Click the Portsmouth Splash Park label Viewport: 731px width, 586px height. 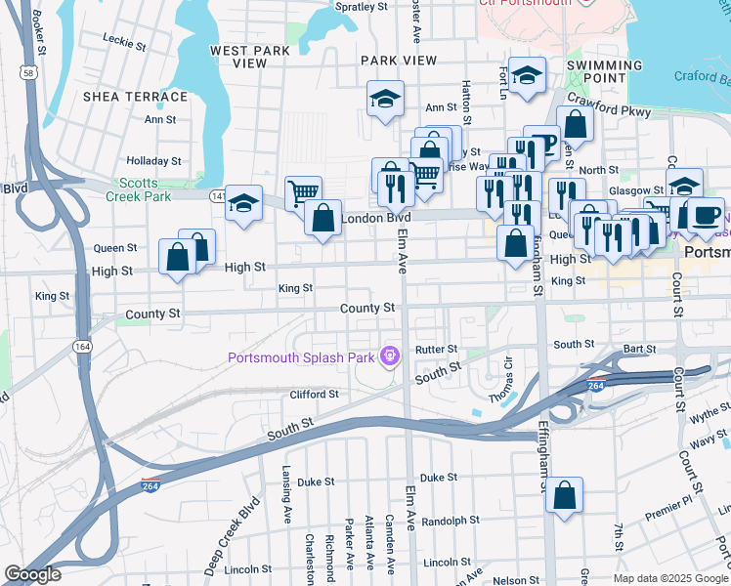click(301, 357)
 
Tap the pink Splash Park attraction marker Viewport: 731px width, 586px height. click(390, 356)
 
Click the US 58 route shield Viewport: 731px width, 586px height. click(29, 73)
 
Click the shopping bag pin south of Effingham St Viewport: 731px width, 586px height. click(565, 495)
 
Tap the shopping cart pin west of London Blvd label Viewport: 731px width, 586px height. click(304, 193)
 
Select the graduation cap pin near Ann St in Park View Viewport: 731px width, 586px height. click(385, 99)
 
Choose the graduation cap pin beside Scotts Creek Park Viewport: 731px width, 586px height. click(244, 203)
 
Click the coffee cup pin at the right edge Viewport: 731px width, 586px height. click(705, 216)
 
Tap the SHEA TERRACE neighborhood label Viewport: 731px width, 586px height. click(135, 97)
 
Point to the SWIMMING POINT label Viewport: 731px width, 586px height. click(604, 72)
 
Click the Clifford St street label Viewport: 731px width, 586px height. click(314, 395)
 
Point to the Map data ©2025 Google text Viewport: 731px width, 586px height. click(670, 578)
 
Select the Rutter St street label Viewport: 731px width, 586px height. click(436, 349)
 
